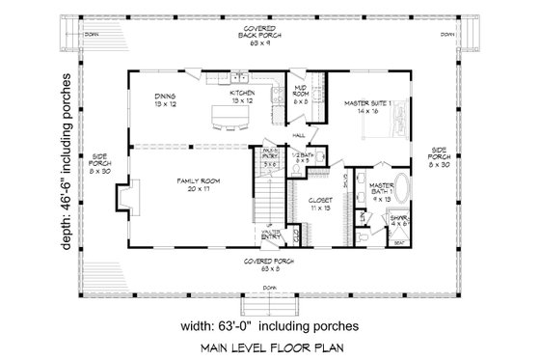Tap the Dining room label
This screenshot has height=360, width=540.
165,99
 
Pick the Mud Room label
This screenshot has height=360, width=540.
300,95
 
